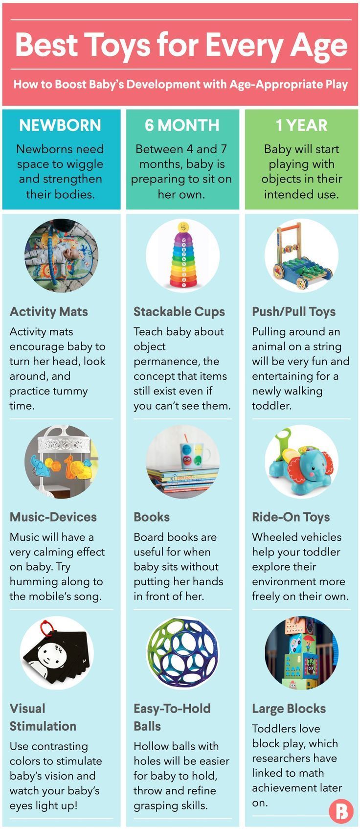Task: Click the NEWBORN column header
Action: pyautogui.click(x=60, y=125)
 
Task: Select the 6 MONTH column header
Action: pyautogui.click(x=181, y=125)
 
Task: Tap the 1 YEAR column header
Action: pyautogui.click(x=301, y=125)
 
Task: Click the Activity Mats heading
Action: pyautogui.click(x=49, y=312)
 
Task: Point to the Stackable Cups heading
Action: pyautogui.click(x=179, y=312)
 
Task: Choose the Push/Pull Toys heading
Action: pyautogui.click(x=294, y=312)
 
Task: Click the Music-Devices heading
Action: pyautogui.click(x=53, y=517)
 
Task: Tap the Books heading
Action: pyautogui.click(x=152, y=517)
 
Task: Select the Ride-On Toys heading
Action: pyautogui.click(x=291, y=517)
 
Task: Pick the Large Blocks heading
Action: pyautogui.click(x=289, y=709)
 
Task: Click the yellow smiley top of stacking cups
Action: pyautogui.click(x=183, y=227)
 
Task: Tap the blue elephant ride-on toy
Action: pyautogui.click(x=301, y=462)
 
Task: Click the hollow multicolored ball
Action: pyautogui.click(x=183, y=654)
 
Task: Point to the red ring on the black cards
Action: pyautogui.click(x=46, y=627)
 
